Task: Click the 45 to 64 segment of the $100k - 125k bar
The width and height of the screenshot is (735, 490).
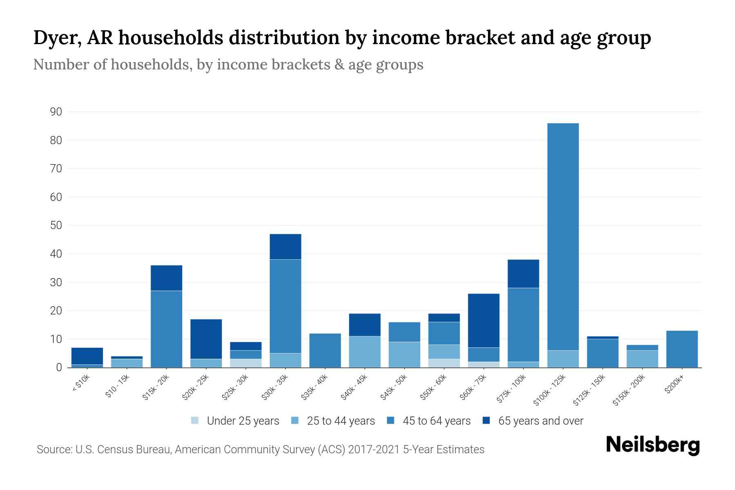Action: point(563,237)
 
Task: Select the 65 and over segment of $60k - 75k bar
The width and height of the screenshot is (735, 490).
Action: point(484,321)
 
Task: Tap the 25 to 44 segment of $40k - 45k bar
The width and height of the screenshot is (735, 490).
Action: point(365,352)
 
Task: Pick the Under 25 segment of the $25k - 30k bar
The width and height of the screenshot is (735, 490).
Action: point(246,363)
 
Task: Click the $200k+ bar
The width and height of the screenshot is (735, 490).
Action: point(682,349)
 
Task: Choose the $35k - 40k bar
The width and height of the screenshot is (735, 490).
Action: point(325,350)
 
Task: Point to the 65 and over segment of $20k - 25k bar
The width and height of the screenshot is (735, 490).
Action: point(206,339)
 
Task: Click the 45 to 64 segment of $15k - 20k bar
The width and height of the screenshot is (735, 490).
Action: point(167,329)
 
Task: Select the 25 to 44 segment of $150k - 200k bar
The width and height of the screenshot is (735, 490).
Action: point(642,359)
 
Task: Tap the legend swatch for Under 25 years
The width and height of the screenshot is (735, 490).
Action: point(195,421)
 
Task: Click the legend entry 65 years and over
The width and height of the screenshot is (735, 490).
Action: point(540,421)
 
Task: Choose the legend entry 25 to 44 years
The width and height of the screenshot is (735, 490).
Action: point(341,421)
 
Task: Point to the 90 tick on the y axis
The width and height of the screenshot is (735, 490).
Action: point(56,112)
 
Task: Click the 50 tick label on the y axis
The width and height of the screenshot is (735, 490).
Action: point(56,225)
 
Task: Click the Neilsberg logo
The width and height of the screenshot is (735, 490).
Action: point(653,445)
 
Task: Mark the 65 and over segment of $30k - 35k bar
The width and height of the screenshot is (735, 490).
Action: point(285,247)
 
